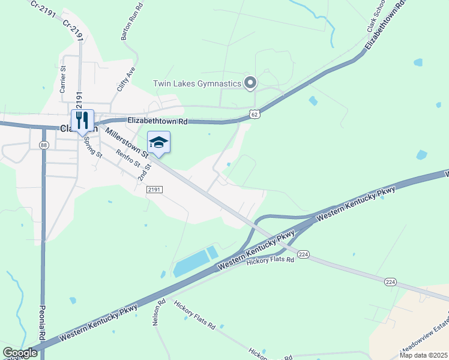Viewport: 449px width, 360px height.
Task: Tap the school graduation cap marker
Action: [158, 143]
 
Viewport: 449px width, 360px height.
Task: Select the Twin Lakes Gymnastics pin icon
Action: [252, 83]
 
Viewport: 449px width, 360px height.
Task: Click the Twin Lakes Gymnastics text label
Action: [197, 83]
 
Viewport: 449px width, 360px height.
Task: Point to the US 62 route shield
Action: [255, 113]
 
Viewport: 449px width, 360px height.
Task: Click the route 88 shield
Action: [43, 145]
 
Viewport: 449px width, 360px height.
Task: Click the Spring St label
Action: [93, 146]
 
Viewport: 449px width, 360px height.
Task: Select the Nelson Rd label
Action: [158, 312]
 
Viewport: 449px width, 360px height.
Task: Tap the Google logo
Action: [20, 353]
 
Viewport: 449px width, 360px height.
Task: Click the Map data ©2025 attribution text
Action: [423, 355]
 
